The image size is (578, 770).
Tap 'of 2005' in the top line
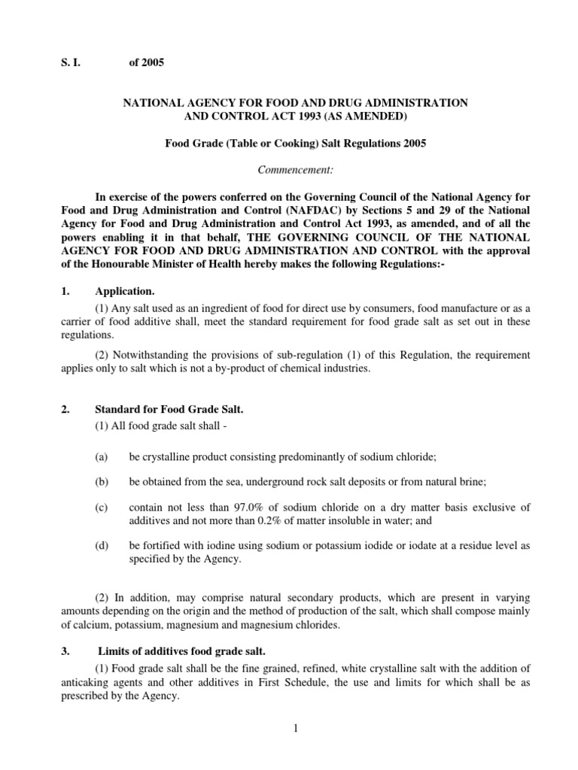tap(147, 64)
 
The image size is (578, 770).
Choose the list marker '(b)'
tap(101, 481)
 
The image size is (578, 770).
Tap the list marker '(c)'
tap(101, 508)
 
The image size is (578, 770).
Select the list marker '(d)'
tap(101, 544)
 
